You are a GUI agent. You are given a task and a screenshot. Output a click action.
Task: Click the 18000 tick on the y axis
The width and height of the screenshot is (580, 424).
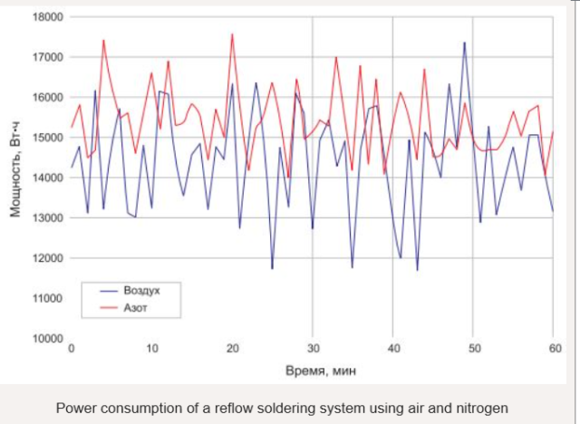pos(47,17)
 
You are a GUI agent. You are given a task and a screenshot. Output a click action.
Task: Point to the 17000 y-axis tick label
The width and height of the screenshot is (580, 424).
pos(47,57)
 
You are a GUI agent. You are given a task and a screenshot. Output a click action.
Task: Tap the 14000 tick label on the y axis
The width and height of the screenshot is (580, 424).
pos(47,178)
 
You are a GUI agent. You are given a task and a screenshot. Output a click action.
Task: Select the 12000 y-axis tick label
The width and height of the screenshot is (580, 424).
pos(47,258)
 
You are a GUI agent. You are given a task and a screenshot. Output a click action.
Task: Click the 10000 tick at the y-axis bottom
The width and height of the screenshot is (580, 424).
pos(47,338)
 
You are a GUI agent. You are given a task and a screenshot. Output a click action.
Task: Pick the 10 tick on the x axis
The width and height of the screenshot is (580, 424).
pos(151,349)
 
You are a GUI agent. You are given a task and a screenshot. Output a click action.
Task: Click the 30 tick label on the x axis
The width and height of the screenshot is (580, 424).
pos(313,349)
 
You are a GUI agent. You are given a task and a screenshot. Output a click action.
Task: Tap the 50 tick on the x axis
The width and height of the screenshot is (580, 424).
pos(473,349)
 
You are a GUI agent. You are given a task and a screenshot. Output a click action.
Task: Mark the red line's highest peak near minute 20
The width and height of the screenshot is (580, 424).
pos(232,34)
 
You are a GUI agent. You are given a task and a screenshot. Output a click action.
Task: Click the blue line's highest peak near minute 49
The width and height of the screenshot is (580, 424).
pos(465,43)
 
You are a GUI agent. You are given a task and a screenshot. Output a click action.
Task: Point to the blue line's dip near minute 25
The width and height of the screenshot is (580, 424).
pos(272,268)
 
